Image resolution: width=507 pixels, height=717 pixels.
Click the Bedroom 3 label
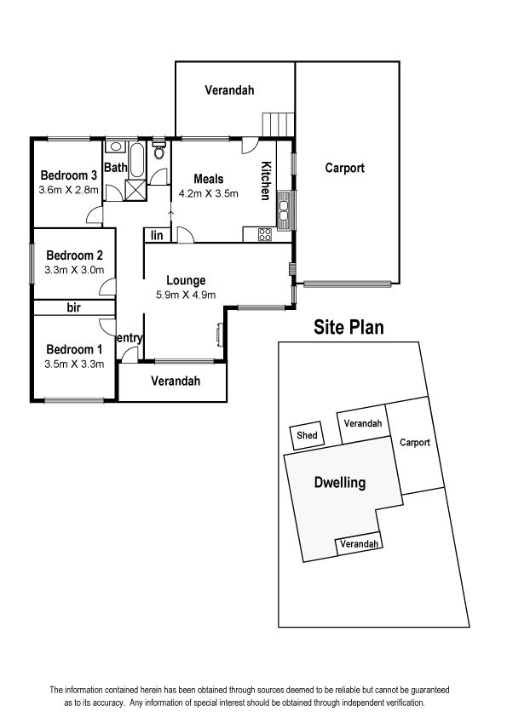(69, 175)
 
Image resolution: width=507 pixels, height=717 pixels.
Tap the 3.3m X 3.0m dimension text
(74, 270)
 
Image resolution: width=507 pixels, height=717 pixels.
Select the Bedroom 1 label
(74, 350)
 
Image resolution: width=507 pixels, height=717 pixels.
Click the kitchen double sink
(284, 211)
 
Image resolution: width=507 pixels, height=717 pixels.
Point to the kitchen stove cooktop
(265, 235)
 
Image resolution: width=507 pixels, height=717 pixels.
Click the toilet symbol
(158, 150)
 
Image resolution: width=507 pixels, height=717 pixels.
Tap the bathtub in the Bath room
(136, 160)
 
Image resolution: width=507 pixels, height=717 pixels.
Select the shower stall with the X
(135, 190)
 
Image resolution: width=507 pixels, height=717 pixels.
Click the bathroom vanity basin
(115, 146)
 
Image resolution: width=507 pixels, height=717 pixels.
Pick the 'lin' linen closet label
(157, 235)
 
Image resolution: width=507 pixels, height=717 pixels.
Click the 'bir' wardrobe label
(73, 307)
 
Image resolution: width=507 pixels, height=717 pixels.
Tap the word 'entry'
(130, 338)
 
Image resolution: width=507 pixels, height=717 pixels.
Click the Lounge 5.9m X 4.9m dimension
(186, 295)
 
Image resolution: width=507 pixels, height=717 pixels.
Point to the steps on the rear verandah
(278, 124)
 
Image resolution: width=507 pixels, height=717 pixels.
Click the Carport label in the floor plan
(344, 169)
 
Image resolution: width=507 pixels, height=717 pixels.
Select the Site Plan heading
(349, 327)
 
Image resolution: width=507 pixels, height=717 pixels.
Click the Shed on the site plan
(307, 435)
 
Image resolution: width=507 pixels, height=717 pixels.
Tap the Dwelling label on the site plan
(340, 483)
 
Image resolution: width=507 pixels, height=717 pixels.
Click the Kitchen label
(266, 181)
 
